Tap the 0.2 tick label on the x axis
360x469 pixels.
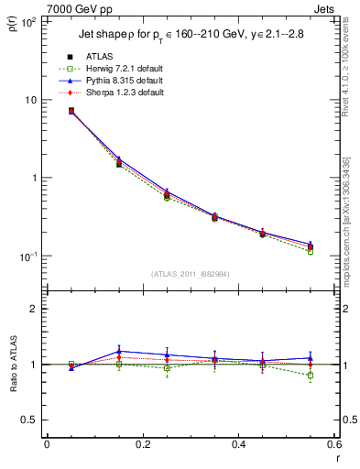point(142,444)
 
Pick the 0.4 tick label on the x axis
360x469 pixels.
point(238,444)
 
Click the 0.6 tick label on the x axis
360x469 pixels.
point(333,444)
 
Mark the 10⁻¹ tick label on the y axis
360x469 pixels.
point(27,256)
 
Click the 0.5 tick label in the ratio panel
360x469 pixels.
point(29,420)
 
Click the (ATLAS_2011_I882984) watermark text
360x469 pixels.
point(190,274)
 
